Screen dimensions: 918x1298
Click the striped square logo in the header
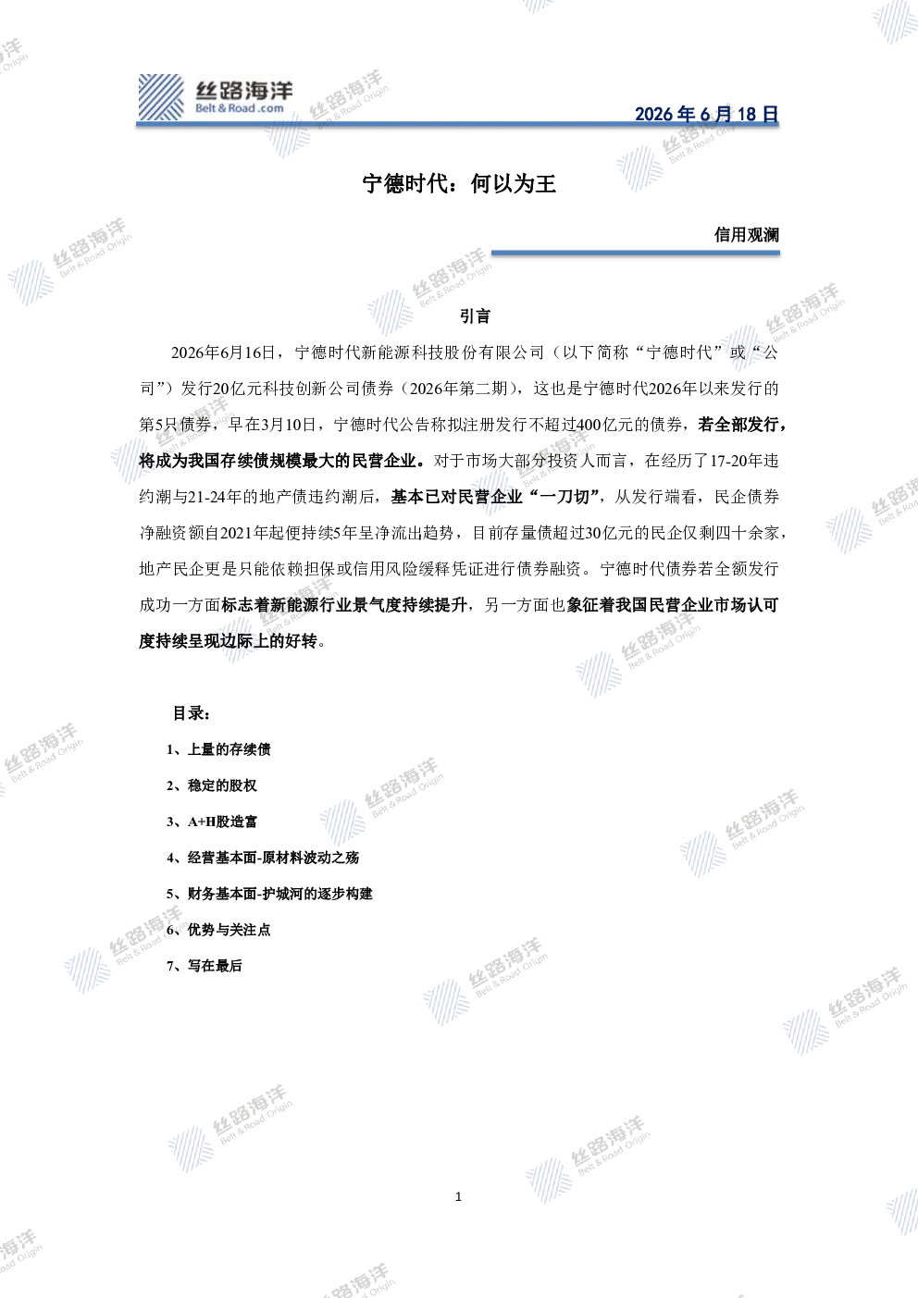coord(160,97)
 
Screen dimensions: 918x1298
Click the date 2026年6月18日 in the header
coord(706,114)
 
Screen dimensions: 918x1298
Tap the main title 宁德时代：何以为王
coord(459,184)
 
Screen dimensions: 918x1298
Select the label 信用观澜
coord(747,235)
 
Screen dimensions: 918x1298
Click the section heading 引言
coord(475,315)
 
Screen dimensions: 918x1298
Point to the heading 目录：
coord(191,713)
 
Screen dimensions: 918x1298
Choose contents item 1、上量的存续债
coord(218,749)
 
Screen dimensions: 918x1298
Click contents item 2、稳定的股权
coord(212,785)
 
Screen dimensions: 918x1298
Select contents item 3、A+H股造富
coord(212,822)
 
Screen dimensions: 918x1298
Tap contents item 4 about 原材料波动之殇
coord(263,858)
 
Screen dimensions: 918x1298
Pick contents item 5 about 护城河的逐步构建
coord(269,894)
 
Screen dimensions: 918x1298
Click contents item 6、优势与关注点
coord(218,930)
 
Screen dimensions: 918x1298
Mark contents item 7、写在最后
coord(204,965)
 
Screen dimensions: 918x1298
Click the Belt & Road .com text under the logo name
coord(240,108)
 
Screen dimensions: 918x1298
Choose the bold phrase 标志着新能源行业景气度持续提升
coord(344,606)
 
